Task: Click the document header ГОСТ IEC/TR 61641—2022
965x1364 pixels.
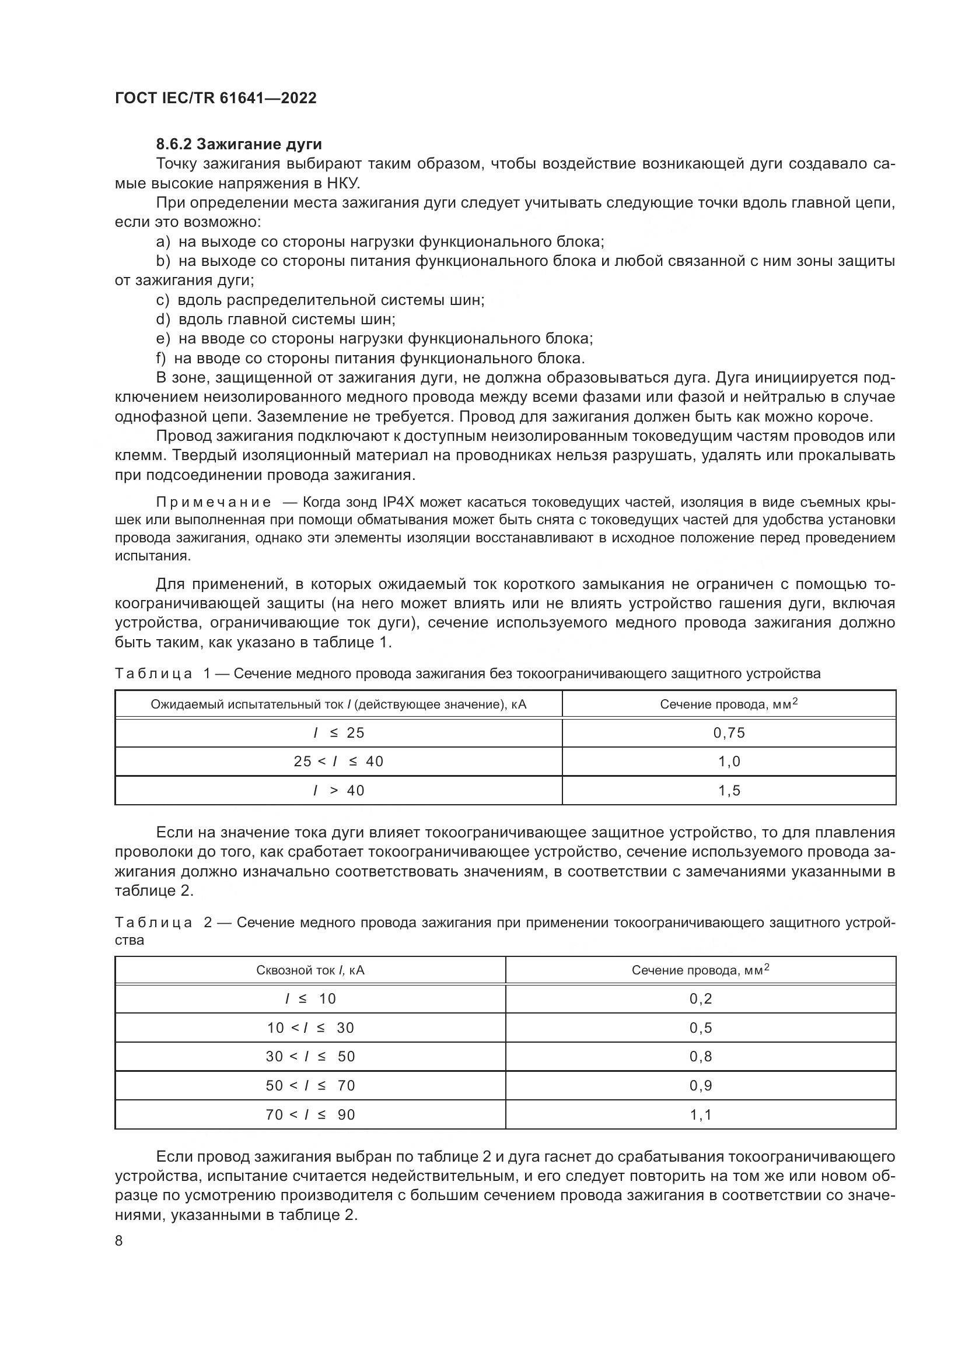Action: click(x=215, y=98)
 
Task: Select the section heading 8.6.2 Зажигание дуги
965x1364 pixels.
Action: click(x=239, y=145)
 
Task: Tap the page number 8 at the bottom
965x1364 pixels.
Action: click(x=119, y=1240)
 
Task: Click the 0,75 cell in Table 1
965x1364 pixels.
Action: click(x=729, y=732)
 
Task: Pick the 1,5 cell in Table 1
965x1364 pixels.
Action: click(x=729, y=791)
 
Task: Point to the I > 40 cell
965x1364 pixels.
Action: click(x=339, y=791)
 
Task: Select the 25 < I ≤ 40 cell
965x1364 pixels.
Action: click(x=339, y=762)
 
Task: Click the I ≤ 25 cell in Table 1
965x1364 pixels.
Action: click(x=339, y=732)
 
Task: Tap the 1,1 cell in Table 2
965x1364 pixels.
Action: click(x=701, y=1115)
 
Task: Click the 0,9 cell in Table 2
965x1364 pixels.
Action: click(x=701, y=1086)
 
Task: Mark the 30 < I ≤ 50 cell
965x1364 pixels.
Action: click(x=310, y=1057)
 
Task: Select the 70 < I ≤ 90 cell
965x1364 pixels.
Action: click(x=310, y=1115)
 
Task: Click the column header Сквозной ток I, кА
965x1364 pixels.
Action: click(x=310, y=970)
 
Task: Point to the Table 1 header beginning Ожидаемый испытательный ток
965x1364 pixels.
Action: click(x=339, y=704)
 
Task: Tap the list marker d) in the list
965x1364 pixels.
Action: click(x=162, y=320)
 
